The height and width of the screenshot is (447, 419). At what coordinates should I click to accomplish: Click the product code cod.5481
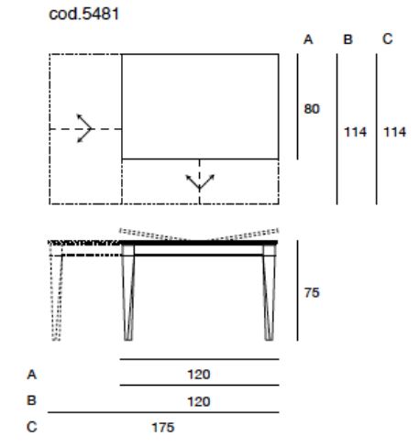point(83,14)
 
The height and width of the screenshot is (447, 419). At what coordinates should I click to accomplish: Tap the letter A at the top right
point(308,39)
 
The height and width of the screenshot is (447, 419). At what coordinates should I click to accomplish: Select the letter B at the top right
point(347,39)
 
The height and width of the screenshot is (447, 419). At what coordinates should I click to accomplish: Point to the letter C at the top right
point(388,39)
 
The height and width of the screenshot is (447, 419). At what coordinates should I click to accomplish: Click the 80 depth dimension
point(312,109)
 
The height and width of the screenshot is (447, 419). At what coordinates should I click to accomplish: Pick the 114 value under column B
point(355,132)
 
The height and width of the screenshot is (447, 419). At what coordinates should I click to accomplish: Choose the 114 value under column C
point(395,132)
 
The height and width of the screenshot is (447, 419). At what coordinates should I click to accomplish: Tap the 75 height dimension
point(312,293)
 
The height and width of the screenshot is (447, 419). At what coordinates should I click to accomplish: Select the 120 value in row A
point(199,375)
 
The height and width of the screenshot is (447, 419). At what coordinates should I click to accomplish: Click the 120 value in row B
point(199,401)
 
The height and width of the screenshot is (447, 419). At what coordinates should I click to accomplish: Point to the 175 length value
point(163,428)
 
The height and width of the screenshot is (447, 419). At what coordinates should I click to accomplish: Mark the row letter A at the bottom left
point(32,375)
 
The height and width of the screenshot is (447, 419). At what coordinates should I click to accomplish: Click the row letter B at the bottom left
point(31,400)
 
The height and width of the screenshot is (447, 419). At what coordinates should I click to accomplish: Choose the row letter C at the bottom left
point(32,427)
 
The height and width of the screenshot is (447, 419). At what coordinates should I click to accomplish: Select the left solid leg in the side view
point(128,291)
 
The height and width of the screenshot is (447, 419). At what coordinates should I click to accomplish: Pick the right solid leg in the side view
point(270,291)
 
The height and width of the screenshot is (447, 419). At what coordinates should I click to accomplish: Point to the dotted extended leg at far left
point(57,293)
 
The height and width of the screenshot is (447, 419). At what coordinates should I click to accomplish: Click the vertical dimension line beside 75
point(297,290)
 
